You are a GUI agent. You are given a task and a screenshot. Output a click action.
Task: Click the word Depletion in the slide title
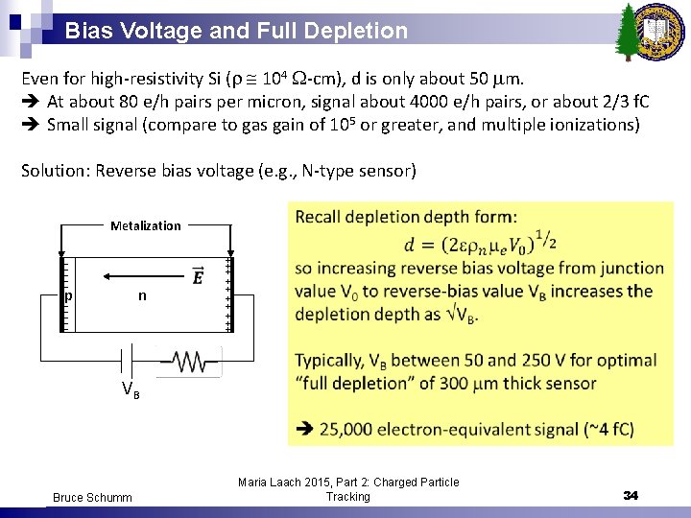[x=360, y=31]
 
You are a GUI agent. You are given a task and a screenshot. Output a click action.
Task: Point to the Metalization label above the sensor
[x=145, y=226]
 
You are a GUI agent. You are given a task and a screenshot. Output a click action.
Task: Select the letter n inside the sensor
[x=142, y=295]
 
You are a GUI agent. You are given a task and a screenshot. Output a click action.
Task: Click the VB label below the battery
[x=130, y=390]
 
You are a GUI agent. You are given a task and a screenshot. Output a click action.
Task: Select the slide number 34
[x=631, y=496]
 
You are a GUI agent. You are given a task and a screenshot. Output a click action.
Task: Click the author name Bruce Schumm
[x=93, y=497]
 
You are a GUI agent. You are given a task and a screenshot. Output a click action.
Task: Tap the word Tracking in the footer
[x=347, y=497]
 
